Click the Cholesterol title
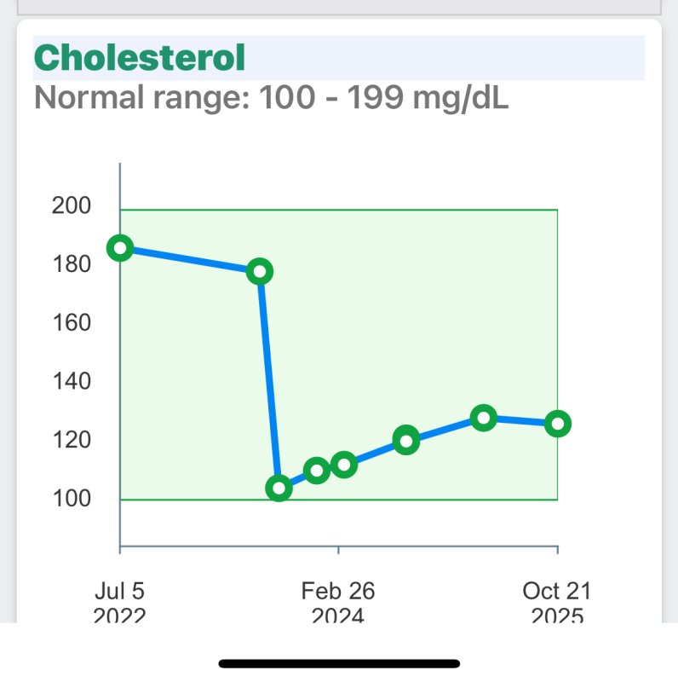click(x=140, y=58)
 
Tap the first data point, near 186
click(x=120, y=248)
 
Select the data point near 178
click(x=261, y=271)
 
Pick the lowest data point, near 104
click(x=279, y=488)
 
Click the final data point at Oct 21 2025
click(x=557, y=424)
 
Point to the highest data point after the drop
click(x=484, y=418)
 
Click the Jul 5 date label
click(x=120, y=590)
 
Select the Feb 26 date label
click(x=338, y=590)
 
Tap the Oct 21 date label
click(x=557, y=590)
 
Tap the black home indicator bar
click(x=339, y=663)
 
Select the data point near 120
click(x=406, y=441)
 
